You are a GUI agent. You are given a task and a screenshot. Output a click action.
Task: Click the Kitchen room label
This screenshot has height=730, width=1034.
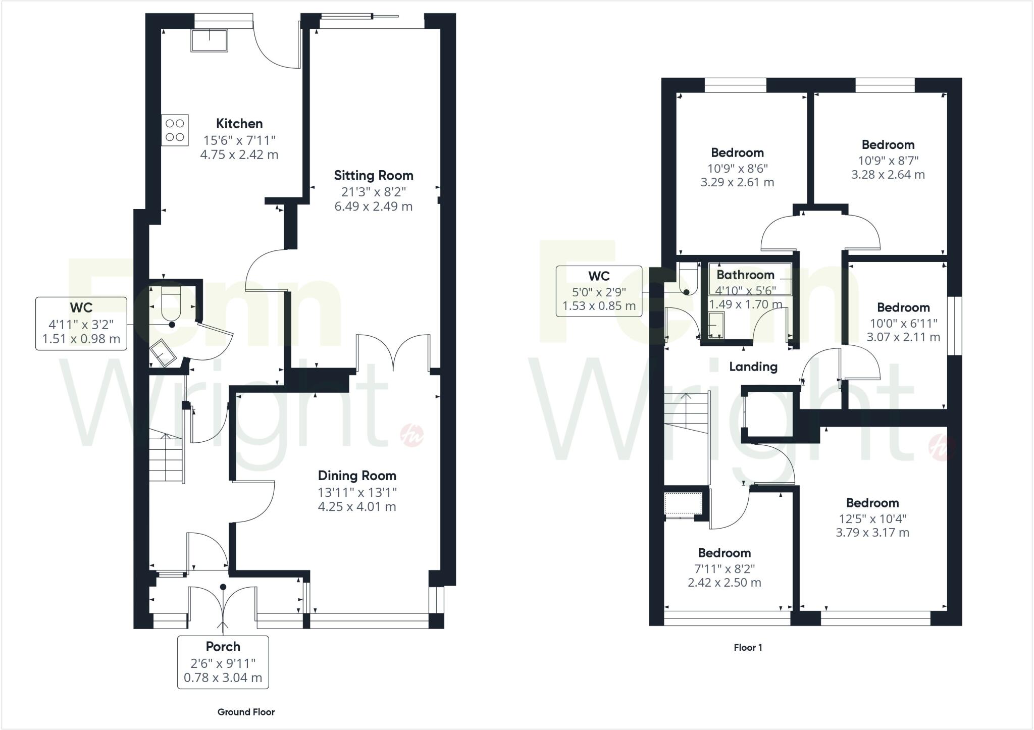[239, 124]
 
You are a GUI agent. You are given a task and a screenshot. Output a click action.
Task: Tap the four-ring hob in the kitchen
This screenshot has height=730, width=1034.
[175, 130]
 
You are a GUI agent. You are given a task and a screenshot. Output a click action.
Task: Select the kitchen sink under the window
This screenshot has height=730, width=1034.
[209, 40]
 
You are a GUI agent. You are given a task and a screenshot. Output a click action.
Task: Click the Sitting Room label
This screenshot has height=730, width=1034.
[374, 176]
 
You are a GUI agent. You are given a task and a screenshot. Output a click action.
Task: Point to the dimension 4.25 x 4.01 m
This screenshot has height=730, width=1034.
[357, 507]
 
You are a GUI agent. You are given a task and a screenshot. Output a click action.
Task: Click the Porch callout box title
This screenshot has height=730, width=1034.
[223, 647]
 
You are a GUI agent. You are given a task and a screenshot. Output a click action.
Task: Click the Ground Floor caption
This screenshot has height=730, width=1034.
[246, 712]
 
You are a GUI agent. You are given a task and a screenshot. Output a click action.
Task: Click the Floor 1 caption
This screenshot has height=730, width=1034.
[748, 648]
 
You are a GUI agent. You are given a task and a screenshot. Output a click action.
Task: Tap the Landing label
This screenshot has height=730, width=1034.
[753, 367]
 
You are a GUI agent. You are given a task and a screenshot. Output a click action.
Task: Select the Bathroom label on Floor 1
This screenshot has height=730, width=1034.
[745, 275]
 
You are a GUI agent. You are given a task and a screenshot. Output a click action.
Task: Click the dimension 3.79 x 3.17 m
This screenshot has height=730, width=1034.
[872, 533]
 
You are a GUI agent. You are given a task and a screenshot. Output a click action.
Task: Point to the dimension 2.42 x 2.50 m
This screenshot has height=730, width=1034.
[725, 583]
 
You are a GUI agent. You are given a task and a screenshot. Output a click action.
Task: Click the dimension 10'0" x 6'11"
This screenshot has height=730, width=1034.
[903, 323]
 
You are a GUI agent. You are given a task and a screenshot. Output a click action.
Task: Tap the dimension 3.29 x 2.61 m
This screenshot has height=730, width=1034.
[737, 183]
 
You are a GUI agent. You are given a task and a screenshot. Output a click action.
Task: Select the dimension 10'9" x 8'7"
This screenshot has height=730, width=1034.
[888, 161]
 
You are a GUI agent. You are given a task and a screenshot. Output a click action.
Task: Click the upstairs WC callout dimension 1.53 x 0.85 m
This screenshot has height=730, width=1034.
[599, 306]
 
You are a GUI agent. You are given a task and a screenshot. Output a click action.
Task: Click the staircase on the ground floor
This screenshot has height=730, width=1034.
[165, 457]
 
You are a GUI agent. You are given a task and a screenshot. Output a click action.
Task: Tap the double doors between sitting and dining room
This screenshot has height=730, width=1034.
[393, 353]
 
